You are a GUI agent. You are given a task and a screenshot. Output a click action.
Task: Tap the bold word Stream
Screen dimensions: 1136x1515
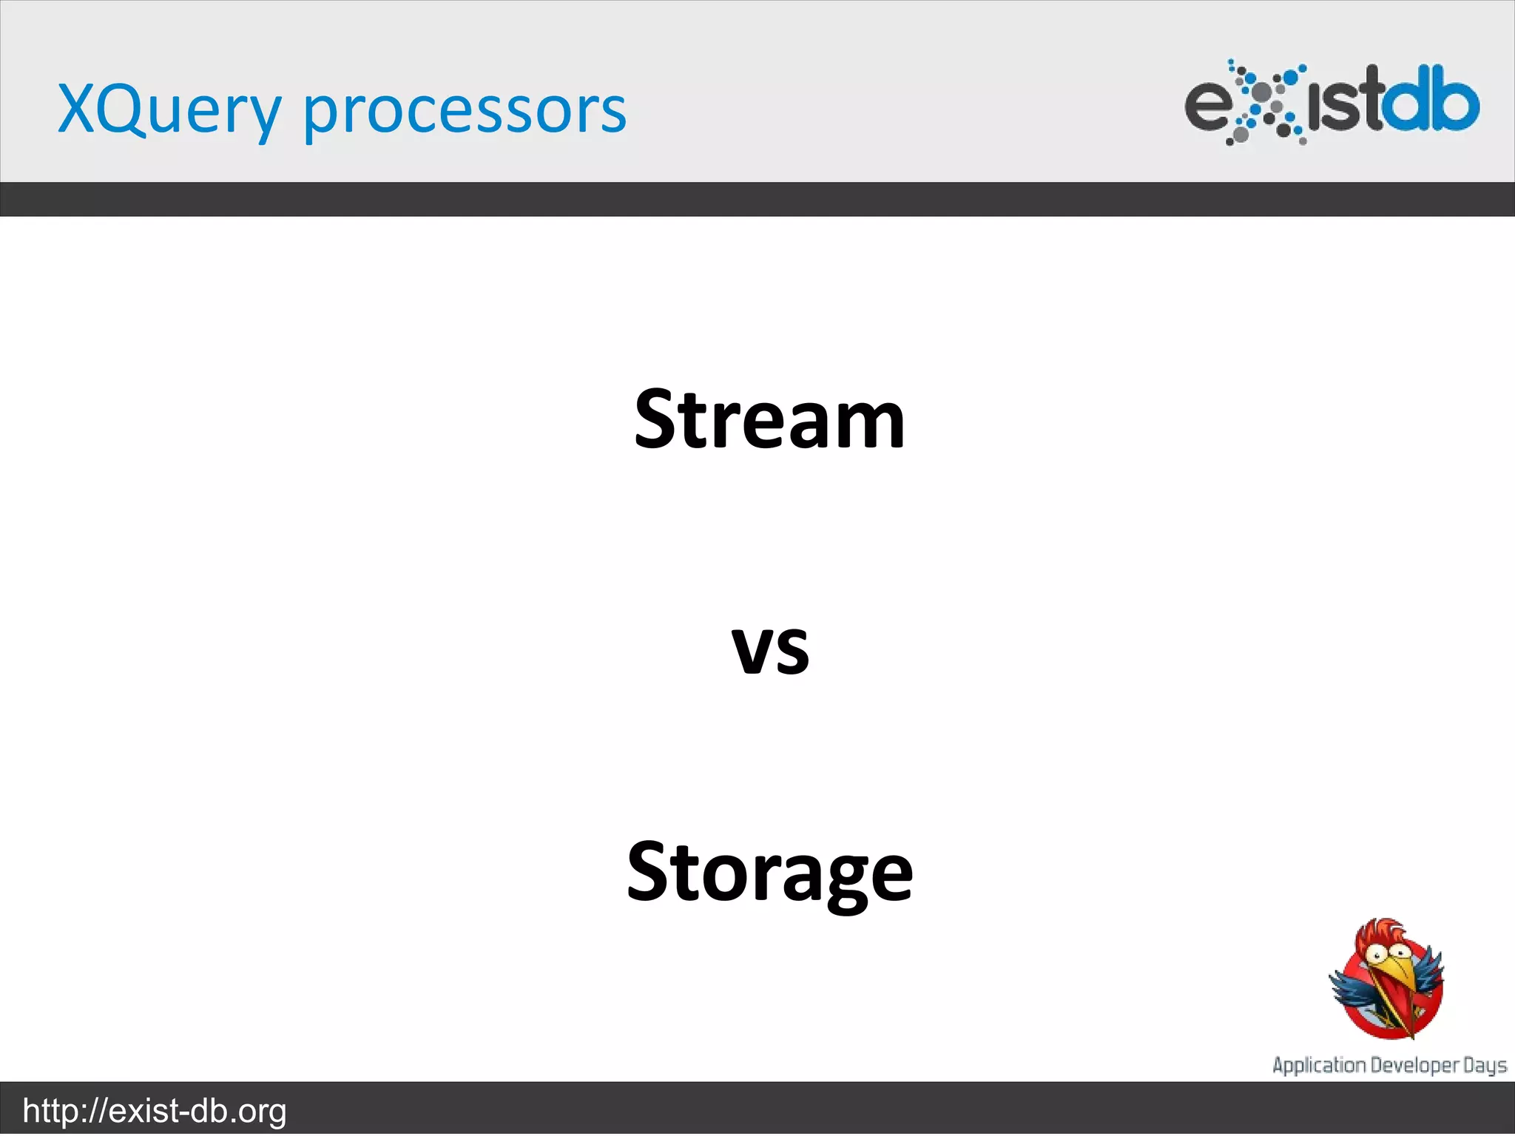click(x=769, y=420)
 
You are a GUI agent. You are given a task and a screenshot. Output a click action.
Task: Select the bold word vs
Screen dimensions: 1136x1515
click(x=770, y=649)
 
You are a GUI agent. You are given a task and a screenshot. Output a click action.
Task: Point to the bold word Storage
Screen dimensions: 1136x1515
click(x=769, y=874)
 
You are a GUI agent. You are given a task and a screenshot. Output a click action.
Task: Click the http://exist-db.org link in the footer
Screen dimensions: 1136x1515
click(x=155, y=1111)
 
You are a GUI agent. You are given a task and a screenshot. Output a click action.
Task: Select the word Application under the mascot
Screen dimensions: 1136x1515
click(x=1319, y=1065)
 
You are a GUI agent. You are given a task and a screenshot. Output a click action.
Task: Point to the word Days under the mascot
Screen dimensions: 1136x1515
click(x=1485, y=1065)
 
